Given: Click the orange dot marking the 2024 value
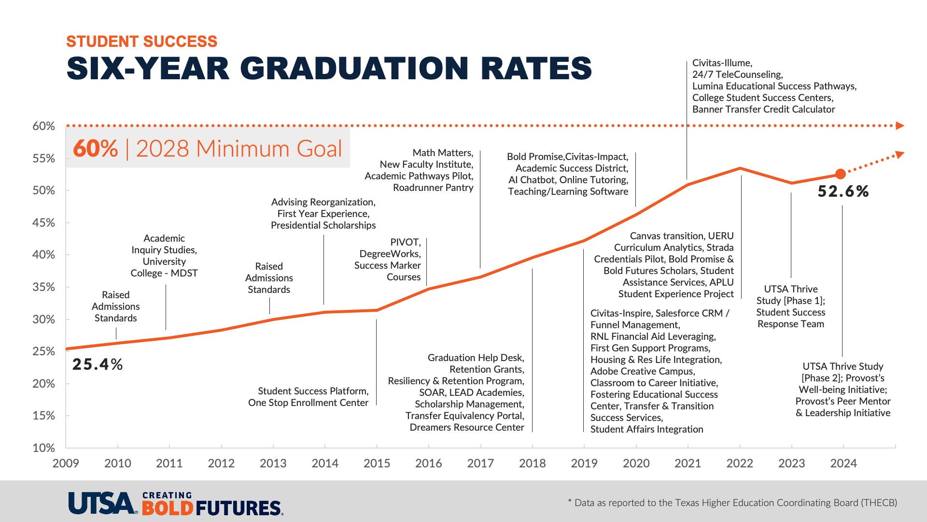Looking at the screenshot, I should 841,174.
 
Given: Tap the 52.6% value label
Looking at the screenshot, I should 843,191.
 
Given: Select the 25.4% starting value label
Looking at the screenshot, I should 98,364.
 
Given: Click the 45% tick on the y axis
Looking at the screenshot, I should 44,223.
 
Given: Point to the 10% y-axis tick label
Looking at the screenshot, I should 44,448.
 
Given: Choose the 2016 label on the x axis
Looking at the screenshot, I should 428,464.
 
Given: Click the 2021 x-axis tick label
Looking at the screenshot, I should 688,464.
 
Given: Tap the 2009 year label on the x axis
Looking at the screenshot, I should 66,464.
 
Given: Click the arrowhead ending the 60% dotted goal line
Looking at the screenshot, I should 899,126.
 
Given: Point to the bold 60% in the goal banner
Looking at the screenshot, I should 96,148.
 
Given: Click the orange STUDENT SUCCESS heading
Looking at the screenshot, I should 142,42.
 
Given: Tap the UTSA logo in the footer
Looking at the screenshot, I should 102,504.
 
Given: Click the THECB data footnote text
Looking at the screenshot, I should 732,503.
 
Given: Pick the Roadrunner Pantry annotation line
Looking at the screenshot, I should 433,188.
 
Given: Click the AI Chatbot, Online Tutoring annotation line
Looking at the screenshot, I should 568,180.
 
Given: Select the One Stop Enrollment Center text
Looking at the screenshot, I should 308,403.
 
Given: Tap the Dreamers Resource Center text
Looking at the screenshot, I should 466,427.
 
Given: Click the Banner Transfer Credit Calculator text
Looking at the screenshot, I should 763,109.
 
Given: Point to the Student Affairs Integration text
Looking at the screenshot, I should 646,429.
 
